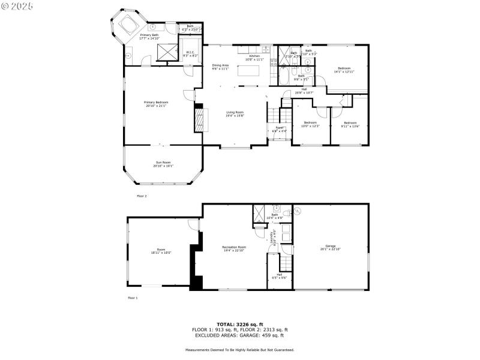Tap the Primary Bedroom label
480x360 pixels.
click(x=156, y=104)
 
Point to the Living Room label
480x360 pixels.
click(x=235, y=114)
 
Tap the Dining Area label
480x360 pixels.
click(x=220, y=67)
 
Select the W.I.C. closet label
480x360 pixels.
click(x=191, y=53)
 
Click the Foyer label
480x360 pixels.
click(x=280, y=129)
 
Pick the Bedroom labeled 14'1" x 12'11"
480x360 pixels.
click(x=344, y=70)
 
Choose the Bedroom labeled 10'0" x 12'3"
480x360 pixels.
click(x=310, y=124)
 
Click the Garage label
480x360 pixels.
click(x=331, y=247)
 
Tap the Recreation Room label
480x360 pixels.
click(x=234, y=248)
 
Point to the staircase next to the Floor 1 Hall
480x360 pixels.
click(x=286, y=262)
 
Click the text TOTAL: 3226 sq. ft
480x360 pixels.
click(x=240, y=324)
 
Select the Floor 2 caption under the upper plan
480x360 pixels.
click(x=142, y=196)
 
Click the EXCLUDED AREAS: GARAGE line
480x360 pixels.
click(x=240, y=335)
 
